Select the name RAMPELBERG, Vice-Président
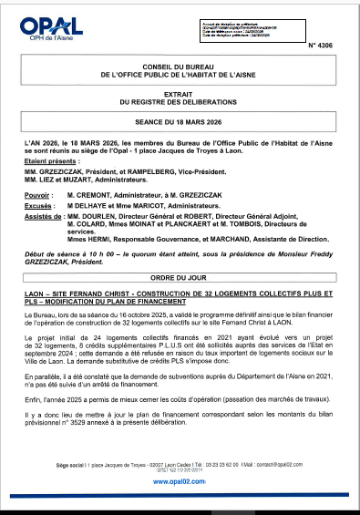[161, 170]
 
